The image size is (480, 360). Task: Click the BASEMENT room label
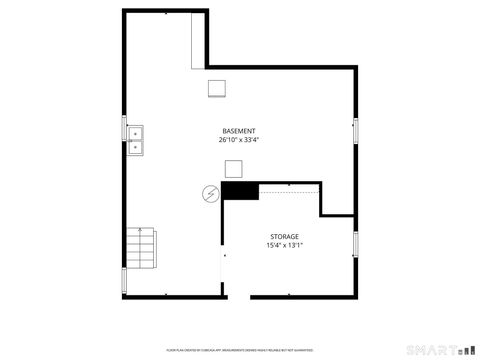click(238, 131)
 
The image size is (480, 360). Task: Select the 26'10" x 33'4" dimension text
click(238, 140)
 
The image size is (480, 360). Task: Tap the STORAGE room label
click(284, 237)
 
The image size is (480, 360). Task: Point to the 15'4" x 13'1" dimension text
click(284, 245)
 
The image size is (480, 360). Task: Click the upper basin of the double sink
click(135, 132)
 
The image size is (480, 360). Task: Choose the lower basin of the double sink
click(135, 147)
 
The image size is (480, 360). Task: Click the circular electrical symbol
click(211, 193)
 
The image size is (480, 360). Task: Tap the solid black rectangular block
click(240, 191)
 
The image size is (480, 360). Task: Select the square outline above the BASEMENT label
click(217, 88)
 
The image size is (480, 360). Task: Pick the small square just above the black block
click(233, 169)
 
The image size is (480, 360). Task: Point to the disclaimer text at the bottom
click(239, 350)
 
